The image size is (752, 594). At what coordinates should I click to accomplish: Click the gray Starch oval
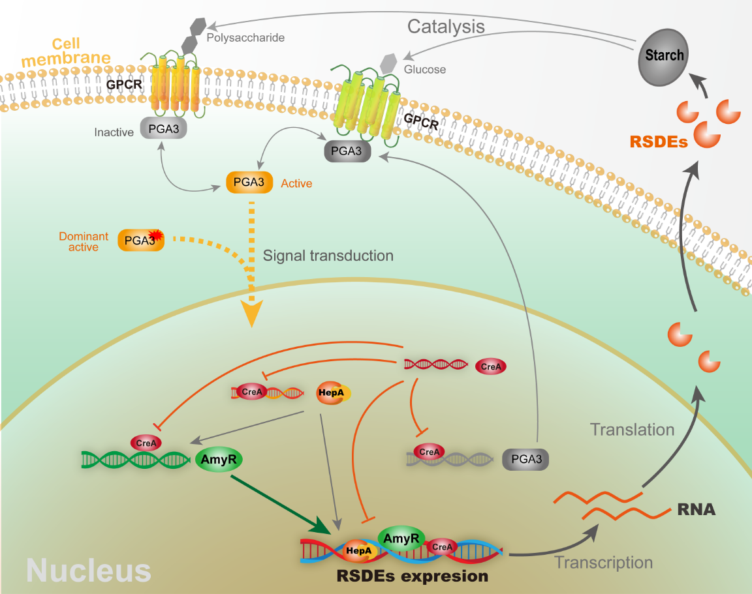[665, 56]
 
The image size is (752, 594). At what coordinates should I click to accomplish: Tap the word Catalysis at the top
[446, 27]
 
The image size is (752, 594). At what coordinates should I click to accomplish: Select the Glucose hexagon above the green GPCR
[388, 64]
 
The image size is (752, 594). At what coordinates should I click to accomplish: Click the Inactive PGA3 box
[164, 129]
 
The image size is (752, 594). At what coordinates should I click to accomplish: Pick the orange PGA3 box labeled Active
[249, 183]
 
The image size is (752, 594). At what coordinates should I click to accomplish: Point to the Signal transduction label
[328, 255]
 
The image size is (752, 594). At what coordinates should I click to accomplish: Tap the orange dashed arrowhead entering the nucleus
[251, 313]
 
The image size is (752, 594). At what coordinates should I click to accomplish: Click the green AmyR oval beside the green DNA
[219, 460]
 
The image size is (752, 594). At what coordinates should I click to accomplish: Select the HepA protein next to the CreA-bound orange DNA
[333, 393]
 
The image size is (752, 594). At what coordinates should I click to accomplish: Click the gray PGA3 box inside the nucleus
[525, 460]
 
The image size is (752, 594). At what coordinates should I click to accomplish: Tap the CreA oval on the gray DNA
[430, 451]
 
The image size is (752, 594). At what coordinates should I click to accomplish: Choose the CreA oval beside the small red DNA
[491, 366]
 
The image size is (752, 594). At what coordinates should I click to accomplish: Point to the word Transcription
[603, 562]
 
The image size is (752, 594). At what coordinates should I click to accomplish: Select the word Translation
[632, 429]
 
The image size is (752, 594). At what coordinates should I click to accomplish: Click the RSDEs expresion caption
[412, 576]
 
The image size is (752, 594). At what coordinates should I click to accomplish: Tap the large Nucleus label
[89, 571]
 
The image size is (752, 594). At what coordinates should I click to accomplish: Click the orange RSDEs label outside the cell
[659, 141]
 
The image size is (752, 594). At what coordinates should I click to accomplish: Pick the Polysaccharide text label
[245, 38]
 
